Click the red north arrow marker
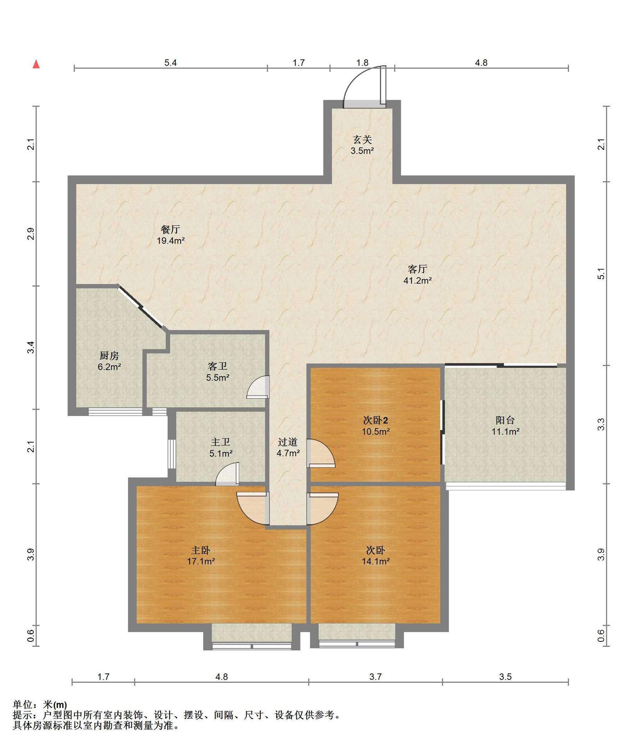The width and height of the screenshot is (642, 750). point(36,64)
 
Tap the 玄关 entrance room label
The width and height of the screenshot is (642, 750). point(362,139)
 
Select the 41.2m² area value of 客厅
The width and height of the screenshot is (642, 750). point(417,280)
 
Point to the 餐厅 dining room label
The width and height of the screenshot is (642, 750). point(170,229)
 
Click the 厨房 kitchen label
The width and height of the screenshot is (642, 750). point(109,355)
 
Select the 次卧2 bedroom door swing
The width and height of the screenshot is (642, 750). point(321,453)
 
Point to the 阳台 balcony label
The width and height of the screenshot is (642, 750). point(505,420)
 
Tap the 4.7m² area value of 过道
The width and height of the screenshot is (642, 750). point(288,453)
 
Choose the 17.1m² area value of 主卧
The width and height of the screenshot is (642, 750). point(201,561)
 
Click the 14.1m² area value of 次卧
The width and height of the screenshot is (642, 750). point(376,561)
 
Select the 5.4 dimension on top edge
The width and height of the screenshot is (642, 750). point(170,62)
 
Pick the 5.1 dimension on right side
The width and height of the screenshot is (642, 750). point(601,273)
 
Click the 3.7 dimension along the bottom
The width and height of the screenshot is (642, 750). point(376,677)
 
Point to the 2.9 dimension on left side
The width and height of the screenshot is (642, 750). point(31,234)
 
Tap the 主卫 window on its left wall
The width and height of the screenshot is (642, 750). point(172,454)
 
